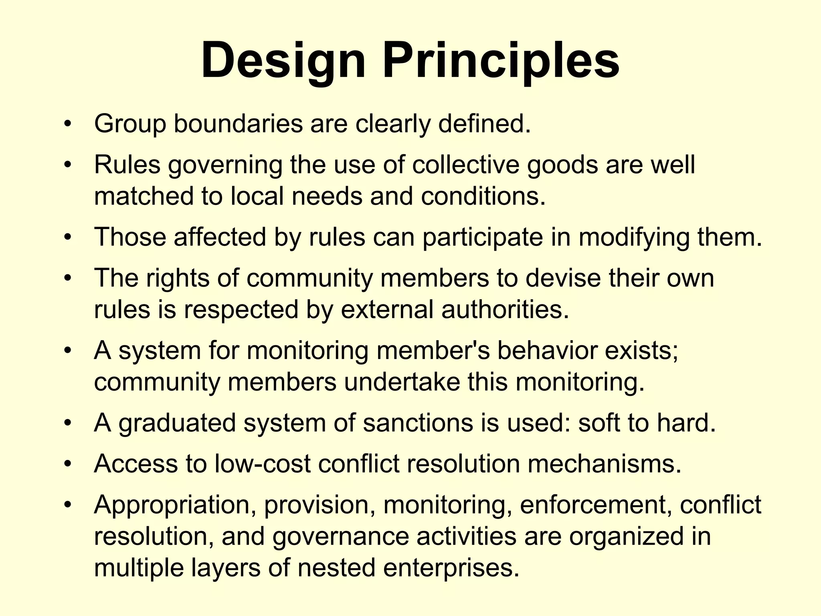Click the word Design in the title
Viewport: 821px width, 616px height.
pos(283,61)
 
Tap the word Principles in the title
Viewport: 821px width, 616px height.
pos(501,61)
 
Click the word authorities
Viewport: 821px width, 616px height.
pos(505,310)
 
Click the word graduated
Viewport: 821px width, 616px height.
pos(177,423)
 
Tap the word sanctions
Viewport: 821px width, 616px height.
pos(418,423)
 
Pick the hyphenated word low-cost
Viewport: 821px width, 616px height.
pos(263,464)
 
